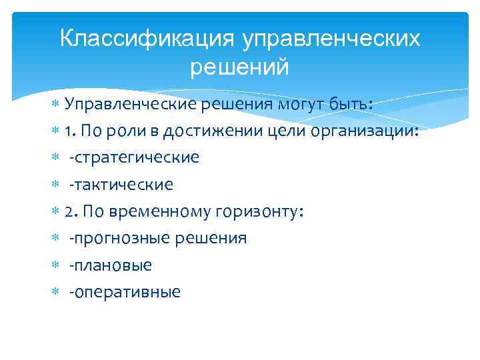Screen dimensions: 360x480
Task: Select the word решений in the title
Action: click(240, 67)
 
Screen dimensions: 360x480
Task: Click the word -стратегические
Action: click(134, 157)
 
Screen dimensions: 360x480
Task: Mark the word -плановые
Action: click(110, 265)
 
